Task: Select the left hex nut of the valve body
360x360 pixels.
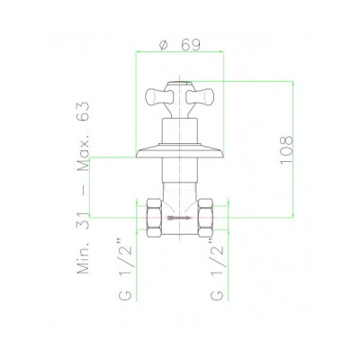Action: [154, 217]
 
